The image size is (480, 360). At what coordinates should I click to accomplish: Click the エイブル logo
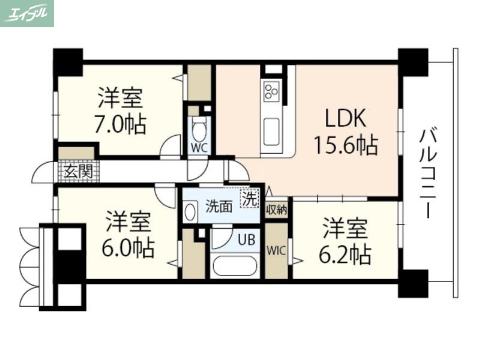(x=27, y=13)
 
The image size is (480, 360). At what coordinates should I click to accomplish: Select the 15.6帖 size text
(x=345, y=144)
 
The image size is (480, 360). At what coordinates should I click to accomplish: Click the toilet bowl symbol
(x=199, y=128)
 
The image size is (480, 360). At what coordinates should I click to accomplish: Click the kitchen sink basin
(x=271, y=130)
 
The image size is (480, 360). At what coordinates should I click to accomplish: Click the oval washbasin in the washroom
(x=191, y=211)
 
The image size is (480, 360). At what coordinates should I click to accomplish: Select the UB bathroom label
(x=246, y=239)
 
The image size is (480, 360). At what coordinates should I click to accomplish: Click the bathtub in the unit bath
(x=235, y=265)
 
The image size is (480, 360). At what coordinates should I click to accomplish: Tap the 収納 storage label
(x=277, y=210)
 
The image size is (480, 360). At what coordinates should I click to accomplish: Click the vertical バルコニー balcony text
(x=428, y=173)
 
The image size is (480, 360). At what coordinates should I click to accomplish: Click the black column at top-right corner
(x=413, y=62)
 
